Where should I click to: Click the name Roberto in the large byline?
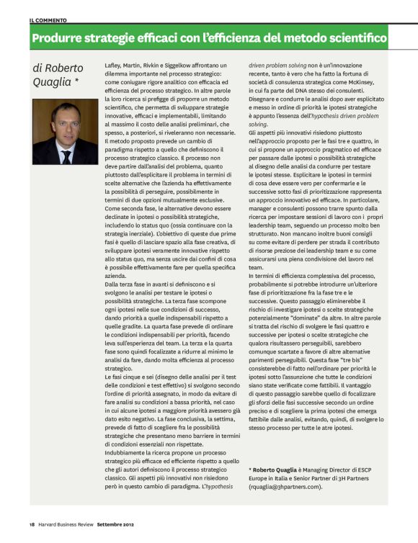coord(63,68)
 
